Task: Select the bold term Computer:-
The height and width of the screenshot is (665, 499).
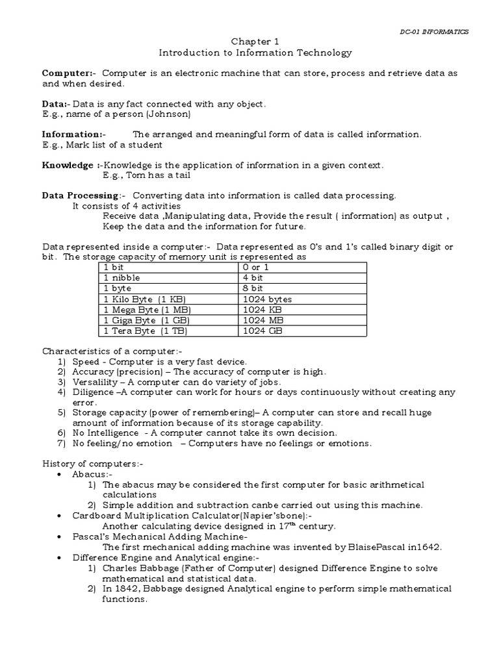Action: coord(68,73)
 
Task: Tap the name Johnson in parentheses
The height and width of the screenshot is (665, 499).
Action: coord(168,114)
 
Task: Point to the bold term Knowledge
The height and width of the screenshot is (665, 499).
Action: coord(68,165)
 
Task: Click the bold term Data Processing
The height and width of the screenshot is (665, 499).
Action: coord(80,195)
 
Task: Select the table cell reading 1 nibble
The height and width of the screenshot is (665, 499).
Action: coord(122,278)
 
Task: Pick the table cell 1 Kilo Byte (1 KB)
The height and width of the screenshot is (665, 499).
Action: coord(143,299)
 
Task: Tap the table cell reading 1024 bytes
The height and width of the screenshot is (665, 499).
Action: coord(267,299)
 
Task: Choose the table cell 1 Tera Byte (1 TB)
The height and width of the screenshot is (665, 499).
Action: coord(142,331)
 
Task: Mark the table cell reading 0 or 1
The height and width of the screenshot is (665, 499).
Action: coord(255,268)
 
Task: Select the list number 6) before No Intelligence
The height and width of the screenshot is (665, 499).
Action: coord(61,433)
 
